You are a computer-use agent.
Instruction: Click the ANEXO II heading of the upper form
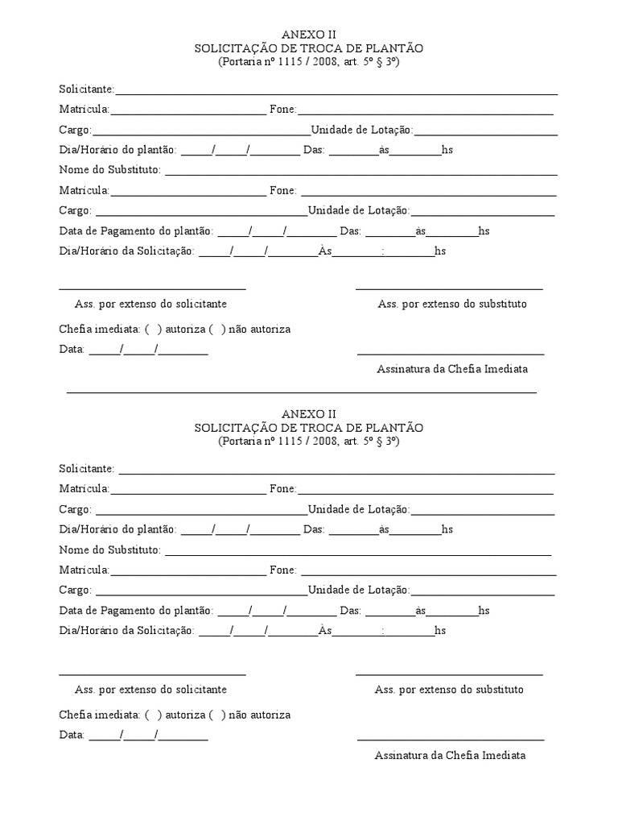[x=308, y=34]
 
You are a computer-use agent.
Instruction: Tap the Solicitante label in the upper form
[x=86, y=89]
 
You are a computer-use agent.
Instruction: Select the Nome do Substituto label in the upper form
[x=109, y=170]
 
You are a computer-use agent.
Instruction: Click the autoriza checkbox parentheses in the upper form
[x=153, y=330]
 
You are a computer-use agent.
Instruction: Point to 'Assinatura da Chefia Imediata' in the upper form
[x=452, y=368]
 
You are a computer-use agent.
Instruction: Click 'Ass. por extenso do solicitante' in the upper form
[x=150, y=304]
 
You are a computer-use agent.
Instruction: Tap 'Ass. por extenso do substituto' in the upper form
[x=452, y=304]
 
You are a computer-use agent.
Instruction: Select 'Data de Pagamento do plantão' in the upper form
[x=135, y=231]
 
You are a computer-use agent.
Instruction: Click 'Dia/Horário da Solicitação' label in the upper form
[x=126, y=251]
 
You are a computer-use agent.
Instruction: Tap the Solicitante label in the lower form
[x=86, y=469]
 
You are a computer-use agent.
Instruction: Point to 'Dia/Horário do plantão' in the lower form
[x=117, y=529]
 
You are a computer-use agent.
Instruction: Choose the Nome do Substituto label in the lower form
[x=109, y=550]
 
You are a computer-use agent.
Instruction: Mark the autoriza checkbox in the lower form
[x=153, y=715]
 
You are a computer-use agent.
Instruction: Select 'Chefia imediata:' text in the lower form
[x=99, y=715]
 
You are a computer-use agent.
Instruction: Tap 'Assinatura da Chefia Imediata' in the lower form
[x=450, y=755]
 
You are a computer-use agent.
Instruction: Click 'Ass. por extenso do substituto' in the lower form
[x=449, y=690]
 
